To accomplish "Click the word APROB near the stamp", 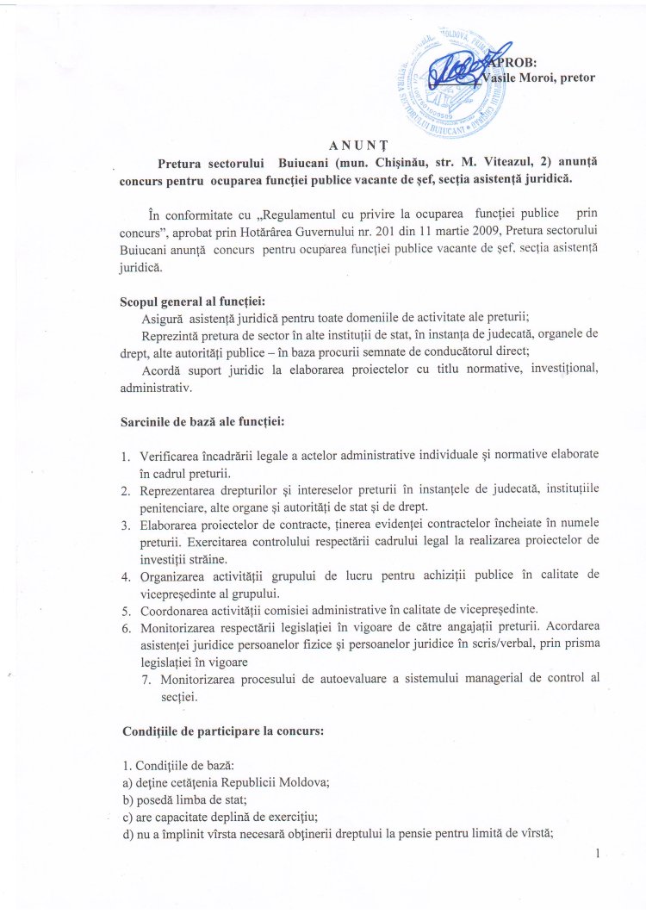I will coord(512,62).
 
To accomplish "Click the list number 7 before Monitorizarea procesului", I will coord(147,679).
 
